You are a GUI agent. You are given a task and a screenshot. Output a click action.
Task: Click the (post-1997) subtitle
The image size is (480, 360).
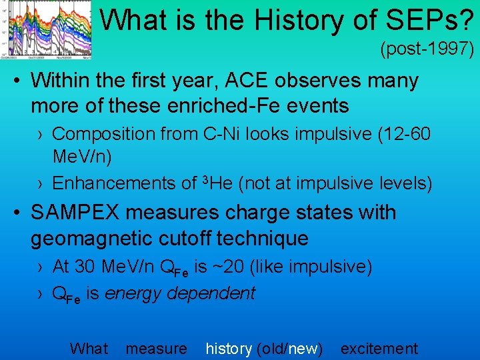pos(426,49)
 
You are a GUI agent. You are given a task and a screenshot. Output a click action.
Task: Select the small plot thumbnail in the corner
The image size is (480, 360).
pos(47,29)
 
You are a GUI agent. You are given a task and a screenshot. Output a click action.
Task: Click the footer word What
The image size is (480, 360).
pos(89,348)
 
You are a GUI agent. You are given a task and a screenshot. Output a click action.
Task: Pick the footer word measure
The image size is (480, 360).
pos(157,348)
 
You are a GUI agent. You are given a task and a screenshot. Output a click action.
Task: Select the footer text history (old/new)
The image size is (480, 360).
pos(264,348)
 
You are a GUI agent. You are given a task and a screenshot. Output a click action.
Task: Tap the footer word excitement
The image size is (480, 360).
pos(379,348)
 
